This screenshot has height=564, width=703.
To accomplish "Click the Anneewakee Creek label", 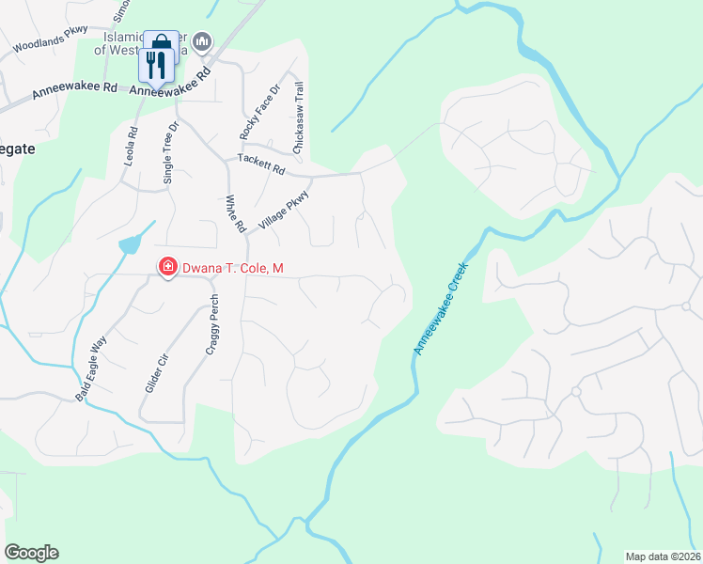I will click(440, 309).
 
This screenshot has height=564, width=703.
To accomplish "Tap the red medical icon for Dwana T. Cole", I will click(167, 269).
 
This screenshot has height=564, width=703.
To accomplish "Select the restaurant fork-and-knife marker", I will click(156, 65).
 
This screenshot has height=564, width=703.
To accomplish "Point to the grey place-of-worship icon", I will click(203, 42).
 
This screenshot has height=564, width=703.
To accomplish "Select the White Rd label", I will click(234, 214).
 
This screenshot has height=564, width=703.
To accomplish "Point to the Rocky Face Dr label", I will click(260, 113).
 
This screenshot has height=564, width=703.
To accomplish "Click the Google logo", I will click(31, 553).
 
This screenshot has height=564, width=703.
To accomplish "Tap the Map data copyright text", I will click(664, 556).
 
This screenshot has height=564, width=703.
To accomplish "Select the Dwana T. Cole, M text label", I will click(233, 269).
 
